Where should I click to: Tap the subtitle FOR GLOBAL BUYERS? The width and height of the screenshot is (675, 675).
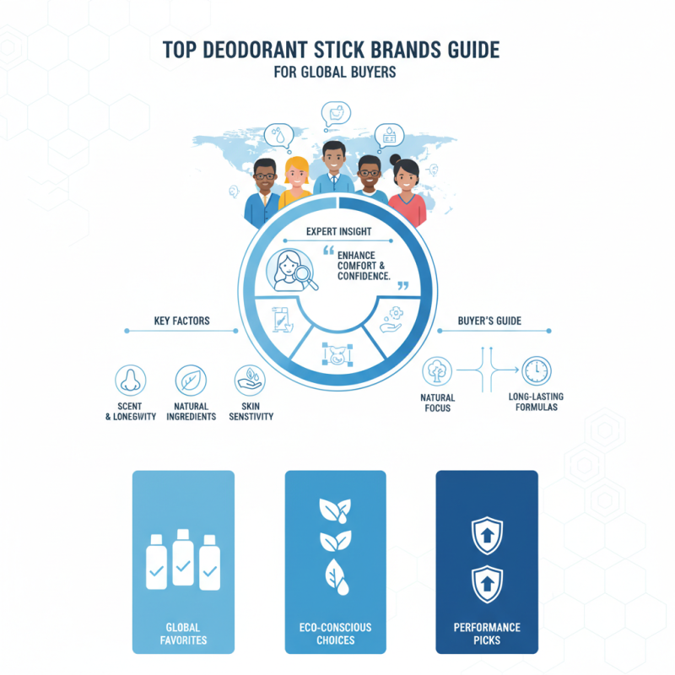335,73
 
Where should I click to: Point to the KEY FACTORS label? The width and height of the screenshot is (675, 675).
181,321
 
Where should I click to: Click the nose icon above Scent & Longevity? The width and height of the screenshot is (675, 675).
131,381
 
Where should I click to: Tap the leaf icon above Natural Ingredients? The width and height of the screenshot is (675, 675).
191,381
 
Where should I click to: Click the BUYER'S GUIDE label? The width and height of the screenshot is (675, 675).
490,321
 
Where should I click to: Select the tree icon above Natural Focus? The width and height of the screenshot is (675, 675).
437,370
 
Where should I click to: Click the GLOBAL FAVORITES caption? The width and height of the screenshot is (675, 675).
183,634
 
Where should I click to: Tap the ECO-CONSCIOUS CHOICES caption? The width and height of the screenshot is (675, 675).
335,634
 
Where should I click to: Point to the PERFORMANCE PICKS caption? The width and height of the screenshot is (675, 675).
487,634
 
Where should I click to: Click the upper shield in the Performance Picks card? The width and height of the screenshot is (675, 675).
487,535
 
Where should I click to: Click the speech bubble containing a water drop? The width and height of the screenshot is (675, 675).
278,135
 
